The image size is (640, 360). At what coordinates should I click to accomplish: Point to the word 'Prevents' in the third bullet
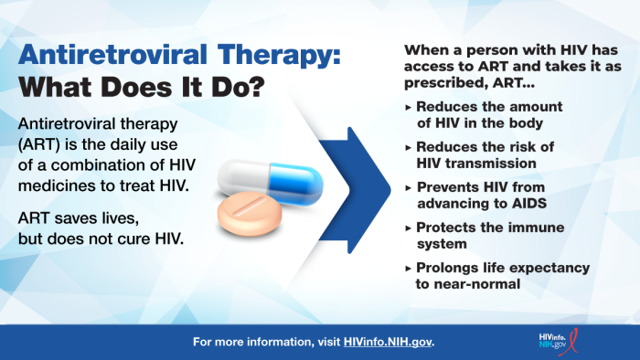(x=445, y=186)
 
